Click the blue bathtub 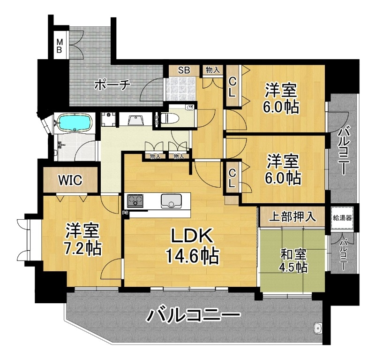(75, 123)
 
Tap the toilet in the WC (168, 118)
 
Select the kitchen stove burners (135, 201)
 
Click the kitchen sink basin (171, 201)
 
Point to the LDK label (192, 236)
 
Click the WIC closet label (70, 180)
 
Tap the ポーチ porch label (112, 85)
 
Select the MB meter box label (59, 46)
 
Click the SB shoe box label (184, 70)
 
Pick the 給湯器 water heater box (343, 218)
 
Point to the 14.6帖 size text (192, 256)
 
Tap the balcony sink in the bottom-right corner (318, 327)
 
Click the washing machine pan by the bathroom (109, 119)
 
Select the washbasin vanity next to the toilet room (136, 119)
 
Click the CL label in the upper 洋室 (232, 87)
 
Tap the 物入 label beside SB (213, 70)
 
